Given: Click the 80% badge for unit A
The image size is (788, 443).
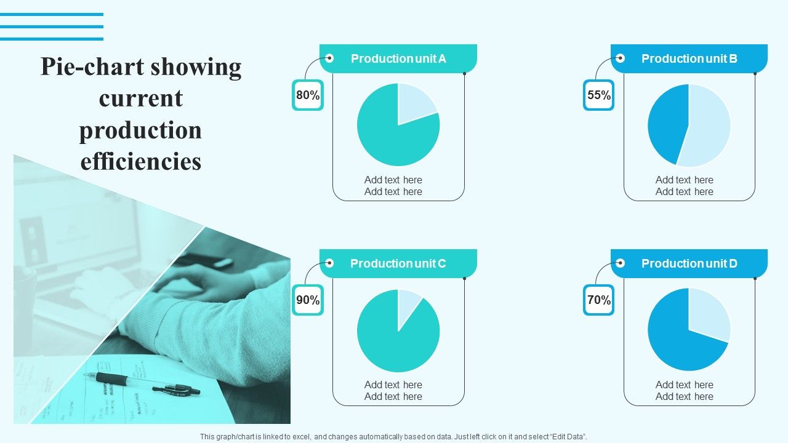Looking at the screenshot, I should pyautogui.click(x=308, y=95).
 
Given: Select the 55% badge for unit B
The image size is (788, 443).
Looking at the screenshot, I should pyautogui.click(x=598, y=95).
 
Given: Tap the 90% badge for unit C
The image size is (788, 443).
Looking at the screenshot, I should pyautogui.click(x=308, y=300).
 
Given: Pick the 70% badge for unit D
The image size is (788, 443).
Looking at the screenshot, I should pyautogui.click(x=598, y=300).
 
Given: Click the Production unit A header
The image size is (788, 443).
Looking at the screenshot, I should pyautogui.click(x=398, y=58).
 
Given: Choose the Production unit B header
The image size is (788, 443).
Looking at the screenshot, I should pyautogui.click(x=689, y=58).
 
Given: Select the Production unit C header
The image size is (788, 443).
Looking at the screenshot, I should pyautogui.click(x=398, y=263).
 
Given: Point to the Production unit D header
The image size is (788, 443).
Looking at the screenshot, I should pyautogui.click(x=689, y=263).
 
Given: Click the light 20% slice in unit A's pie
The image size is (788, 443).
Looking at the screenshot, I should pyautogui.click(x=414, y=103).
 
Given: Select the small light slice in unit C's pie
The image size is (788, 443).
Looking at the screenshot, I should pyautogui.click(x=408, y=303).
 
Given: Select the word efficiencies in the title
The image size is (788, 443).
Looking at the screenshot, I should pyautogui.click(x=141, y=162).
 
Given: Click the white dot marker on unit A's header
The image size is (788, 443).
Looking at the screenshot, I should pyautogui.click(x=329, y=58).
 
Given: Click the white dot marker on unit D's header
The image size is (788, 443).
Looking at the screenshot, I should pyautogui.click(x=621, y=263).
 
